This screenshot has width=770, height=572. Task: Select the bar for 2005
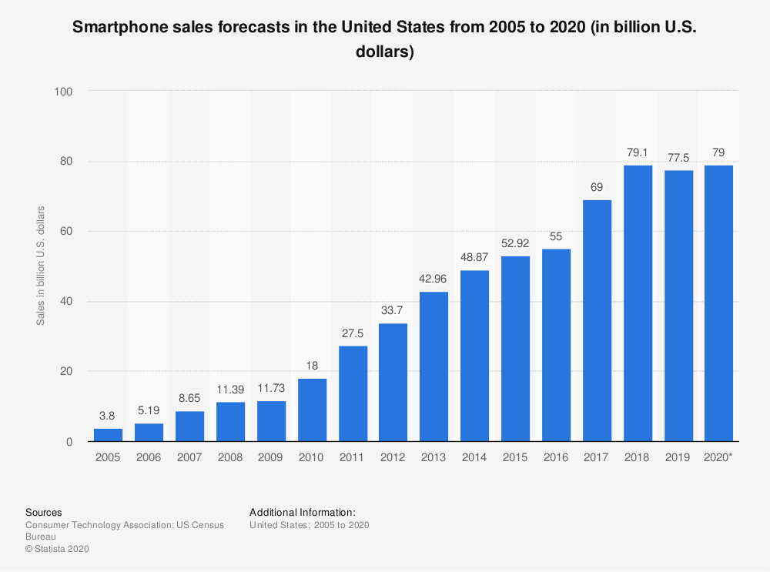point(108,435)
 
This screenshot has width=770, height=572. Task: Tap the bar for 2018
point(638,303)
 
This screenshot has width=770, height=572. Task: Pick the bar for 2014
point(475,356)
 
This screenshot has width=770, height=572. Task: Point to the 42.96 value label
point(434,279)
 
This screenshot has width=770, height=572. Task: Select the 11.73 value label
point(271,388)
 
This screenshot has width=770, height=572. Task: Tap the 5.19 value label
point(149,411)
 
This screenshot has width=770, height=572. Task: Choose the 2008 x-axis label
point(230,457)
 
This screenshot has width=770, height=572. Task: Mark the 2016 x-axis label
point(556,457)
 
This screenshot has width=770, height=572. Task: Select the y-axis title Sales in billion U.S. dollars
point(41,266)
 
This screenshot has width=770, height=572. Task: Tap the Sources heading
point(44,512)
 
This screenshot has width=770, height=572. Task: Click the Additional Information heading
point(303,512)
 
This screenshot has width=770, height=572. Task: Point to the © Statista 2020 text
point(58,549)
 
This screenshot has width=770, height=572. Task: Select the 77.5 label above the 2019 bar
point(678,157)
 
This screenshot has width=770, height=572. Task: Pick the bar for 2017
point(597,320)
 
